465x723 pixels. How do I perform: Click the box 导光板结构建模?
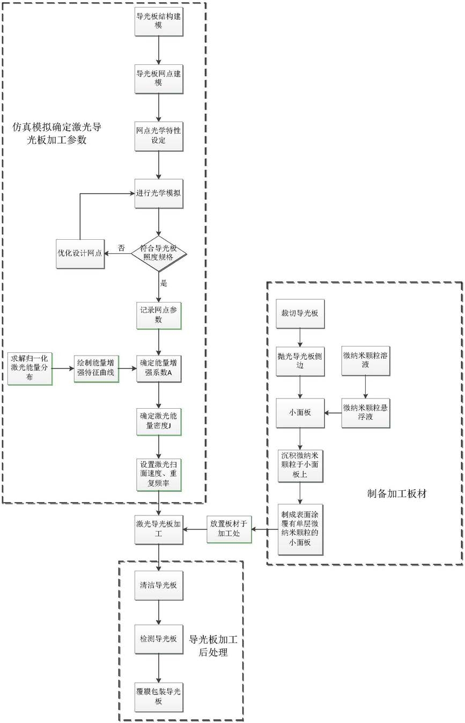click(158, 20)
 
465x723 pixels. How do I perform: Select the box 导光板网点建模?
click(158, 79)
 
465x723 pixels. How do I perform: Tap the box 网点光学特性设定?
click(158, 137)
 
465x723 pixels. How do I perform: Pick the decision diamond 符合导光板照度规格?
click(158, 253)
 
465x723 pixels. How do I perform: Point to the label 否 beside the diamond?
click(121, 248)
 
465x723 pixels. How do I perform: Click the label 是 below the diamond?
click(164, 283)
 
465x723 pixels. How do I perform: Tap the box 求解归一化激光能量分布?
click(30, 368)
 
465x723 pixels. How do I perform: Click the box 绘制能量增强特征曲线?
click(95, 368)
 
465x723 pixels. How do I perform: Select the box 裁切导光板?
click(300, 313)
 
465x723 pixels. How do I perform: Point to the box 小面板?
click(300, 413)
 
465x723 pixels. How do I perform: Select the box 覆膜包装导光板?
click(158, 696)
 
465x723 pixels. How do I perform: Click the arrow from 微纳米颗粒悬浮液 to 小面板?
click(333, 413)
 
